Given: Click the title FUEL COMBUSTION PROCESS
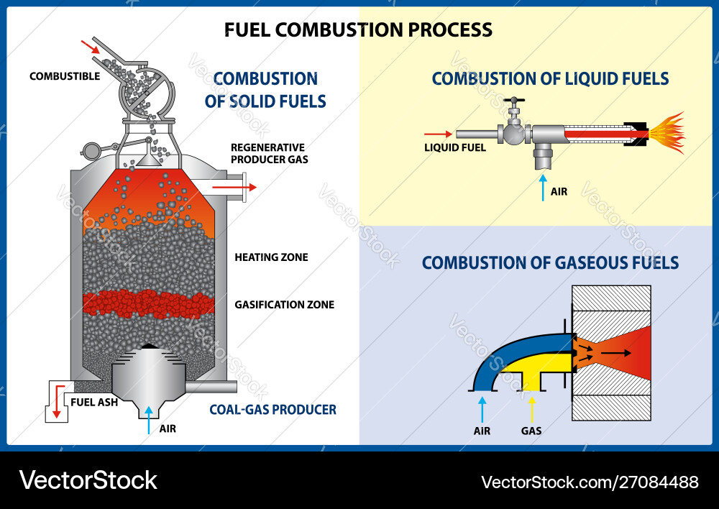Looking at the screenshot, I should pos(358,29).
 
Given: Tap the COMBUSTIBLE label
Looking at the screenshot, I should pos(65,76).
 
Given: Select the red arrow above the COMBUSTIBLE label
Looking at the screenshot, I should pos(91,47).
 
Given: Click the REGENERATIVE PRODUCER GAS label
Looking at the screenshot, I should pos(269,153).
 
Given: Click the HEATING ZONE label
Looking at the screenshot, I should pos(271,257).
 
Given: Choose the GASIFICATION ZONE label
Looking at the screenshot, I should pos(284,304).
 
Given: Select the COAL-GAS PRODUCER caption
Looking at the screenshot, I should pos(273,410).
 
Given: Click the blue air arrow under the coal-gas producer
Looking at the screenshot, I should pos(149,418).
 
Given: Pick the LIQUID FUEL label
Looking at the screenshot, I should pos(455,147).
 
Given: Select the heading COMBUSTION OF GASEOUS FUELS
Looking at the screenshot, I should pos(550,262).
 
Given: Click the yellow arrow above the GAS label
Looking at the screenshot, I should pos(531,409).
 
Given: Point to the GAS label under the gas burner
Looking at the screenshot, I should pos(531,431).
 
